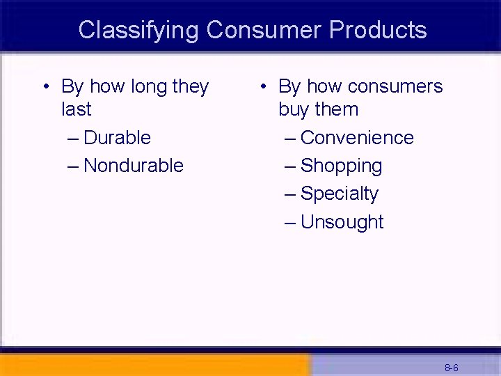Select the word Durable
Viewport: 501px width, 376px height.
(117, 137)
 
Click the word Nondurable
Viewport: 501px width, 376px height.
(134, 166)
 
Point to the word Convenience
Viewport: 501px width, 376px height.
(357, 138)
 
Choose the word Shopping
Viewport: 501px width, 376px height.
(341, 166)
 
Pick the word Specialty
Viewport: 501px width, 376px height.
(339, 194)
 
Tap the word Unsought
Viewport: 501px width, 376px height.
(342, 222)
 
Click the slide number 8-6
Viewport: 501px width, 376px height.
(451, 368)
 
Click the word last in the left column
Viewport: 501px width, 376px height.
(76, 109)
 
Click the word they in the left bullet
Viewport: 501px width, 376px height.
(190, 86)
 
